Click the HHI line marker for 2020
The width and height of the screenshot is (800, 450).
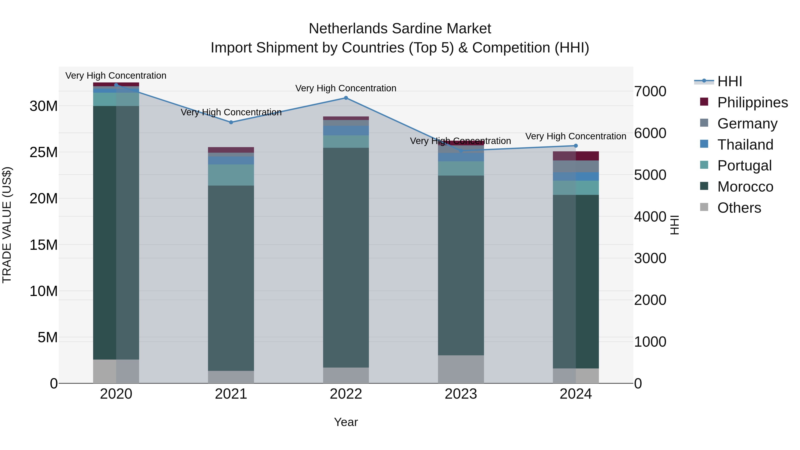pos(116,85)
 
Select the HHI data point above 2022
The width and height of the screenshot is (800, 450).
pos(346,98)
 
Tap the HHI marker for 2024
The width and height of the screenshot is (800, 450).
pos(576,146)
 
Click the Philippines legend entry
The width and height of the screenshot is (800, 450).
pos(752,102)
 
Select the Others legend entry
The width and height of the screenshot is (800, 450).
pos(739,208)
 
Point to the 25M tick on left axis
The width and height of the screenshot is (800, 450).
pos(44,152)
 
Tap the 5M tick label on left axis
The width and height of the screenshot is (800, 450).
pos(48,337)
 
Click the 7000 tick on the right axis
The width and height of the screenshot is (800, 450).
pos(650,92)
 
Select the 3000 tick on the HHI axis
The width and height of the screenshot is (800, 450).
pos(650,258)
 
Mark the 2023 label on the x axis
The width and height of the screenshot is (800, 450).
pos(461,394)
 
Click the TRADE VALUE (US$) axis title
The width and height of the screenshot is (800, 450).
pos(7,225)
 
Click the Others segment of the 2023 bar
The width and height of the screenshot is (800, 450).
pos(461,369)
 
